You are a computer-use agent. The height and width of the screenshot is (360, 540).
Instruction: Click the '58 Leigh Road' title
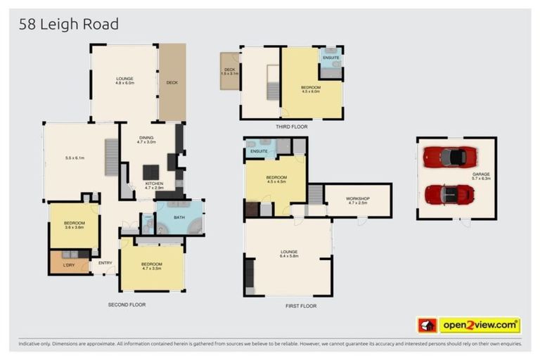(68, 25)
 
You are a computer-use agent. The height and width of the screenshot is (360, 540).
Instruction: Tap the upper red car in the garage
(450, 156)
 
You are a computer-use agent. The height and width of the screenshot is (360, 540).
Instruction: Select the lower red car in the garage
(450, 193)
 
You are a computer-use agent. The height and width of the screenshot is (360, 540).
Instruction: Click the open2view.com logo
(480, 325)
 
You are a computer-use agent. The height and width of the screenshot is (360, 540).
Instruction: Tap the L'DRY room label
(69, 264)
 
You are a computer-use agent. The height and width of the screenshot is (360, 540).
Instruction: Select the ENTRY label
(105, 263)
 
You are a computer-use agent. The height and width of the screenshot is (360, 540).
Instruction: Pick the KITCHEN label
(154, 184)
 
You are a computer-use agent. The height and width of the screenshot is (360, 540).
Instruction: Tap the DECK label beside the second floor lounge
(172, 82)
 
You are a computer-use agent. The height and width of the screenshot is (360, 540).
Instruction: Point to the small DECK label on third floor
(230, 70)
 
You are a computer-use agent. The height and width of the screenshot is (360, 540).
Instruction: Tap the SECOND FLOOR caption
(127, 304)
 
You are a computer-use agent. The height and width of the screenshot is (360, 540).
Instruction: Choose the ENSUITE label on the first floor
(259, 151)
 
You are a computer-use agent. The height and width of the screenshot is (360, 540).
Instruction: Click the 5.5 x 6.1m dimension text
(73, 158)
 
